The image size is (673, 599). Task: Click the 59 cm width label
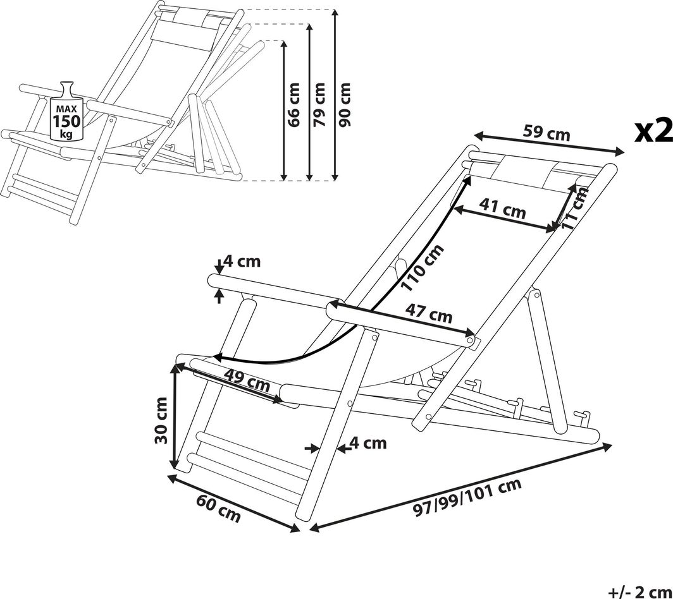click(x=546, y=133)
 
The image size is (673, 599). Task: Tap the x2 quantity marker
click(x=653, y=131)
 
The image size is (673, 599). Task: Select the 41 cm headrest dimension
click(x=502, y=208)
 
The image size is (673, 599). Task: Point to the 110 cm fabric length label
click(x=423, y=268)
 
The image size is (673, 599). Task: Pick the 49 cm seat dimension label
click(x=247, y=380)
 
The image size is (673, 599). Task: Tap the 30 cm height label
click(x=161, y=420)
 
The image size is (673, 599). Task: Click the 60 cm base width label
click(x=218, y=509)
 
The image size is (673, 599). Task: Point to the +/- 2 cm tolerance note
click(x=639, y=591)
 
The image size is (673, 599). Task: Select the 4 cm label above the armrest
click(x=242, y=262)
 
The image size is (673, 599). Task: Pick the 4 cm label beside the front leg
click(x=367, y=443)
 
